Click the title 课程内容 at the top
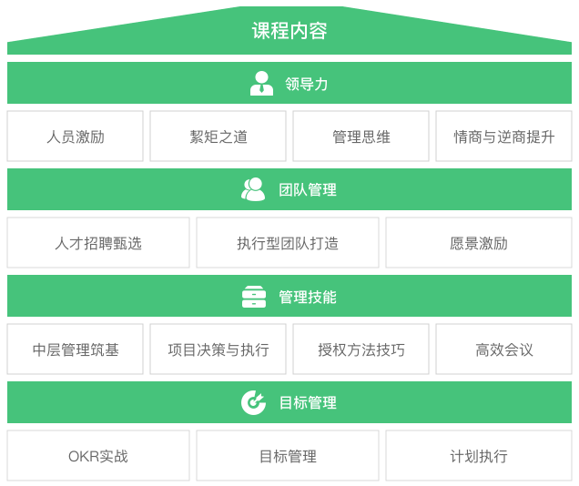click(289, 31)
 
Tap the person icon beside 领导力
click(261, 84)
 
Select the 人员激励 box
click(75, 137)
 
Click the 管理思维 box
click(361, 137)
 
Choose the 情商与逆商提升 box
click(503, 137)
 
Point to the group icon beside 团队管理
click(253, 189)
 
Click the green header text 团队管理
click(308, 190)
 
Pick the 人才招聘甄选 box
click(98, 243)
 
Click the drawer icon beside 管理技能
click(254, 297)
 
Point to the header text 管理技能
click(308, 297)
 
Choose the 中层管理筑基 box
click(75, 349)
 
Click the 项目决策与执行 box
click(218, 349)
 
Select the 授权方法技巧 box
click(361, 349)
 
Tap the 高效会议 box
click(503, 349)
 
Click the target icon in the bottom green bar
click(253, 402)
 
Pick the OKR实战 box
click(98, 456)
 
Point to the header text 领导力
click(306, 84)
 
